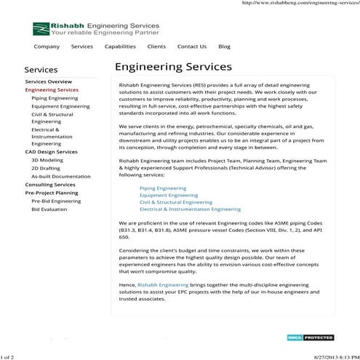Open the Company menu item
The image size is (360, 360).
pyautogui.click(x=47, y=47)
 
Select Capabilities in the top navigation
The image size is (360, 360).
pyautogui.click(x=119, y=47)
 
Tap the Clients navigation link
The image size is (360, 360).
pyautogui.click(x=156, y=47)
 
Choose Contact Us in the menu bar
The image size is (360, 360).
pyautogui.click(x=191, y=47)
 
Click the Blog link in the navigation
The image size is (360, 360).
pyautogui.click(x=224, y=47)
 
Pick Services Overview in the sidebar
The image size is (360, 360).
pyautogui.click(x=48, y=82)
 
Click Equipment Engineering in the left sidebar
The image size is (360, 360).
pyautogui.click(x=60, y=106)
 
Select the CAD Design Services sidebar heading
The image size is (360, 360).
pyautogui.click(x=51, y=152)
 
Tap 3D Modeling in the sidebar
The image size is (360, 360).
pyautogui.click(x=47, y=160)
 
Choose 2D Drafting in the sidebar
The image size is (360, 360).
pyautogui.click(x=47, y=168)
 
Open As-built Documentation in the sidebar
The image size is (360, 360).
pyautogui.click(x=61, y=177)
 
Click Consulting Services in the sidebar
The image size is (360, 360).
pyautogui.click(x=49, y=185)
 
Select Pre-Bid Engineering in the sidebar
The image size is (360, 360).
pyautogui.click(x=56, y=201)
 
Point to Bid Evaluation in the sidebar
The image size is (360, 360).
pyautogui.click(x=49, y=209)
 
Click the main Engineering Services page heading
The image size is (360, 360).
pyautogui.click(x=168, y=68)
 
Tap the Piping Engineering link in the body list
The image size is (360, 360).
pyautogui.click(x=162, y=188)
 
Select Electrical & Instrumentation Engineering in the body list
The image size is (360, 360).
pyautogui.click(x=190, y=209)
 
